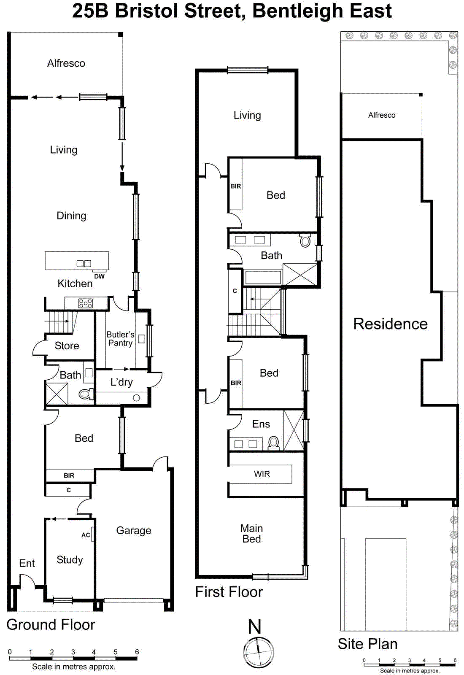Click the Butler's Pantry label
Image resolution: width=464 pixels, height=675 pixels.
120,339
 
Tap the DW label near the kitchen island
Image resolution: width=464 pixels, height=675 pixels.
100,276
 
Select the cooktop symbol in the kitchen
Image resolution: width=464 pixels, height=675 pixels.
85,303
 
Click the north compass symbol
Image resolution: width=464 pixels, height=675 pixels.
258,652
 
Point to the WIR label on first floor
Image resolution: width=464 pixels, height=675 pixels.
262,474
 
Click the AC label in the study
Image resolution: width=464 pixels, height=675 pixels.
86,535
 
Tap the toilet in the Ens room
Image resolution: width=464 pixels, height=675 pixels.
274,443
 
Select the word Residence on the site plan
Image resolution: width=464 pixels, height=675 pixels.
390,324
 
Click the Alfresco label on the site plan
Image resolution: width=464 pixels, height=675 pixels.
382,115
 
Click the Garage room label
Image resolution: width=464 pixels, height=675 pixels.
134,530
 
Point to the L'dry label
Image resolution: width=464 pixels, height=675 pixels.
121,382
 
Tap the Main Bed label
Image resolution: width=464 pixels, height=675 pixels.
251,534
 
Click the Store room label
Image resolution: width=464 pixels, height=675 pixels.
67,346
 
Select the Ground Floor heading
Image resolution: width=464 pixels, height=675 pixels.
51,624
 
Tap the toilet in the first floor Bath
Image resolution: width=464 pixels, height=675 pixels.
305,241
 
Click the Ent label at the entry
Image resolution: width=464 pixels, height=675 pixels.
27,563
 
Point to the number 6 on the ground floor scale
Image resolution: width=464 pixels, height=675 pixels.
137,652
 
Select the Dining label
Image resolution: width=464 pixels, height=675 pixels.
71,216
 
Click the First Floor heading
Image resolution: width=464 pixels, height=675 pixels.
229,592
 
